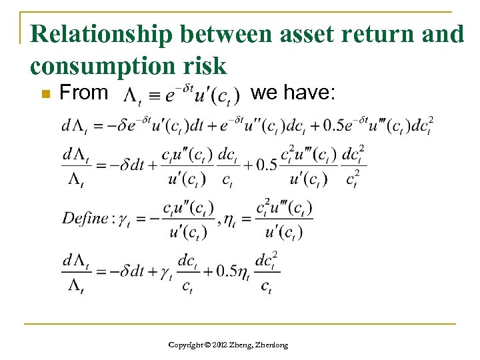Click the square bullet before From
[x=43, y=95]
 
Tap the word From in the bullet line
[x=83, y=93]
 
